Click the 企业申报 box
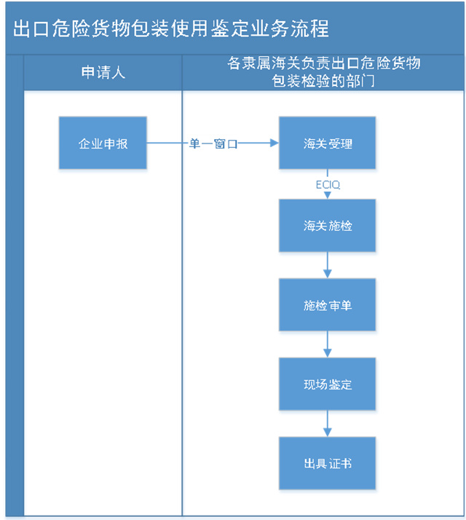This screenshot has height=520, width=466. [103, 143]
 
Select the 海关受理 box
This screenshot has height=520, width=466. [328, 143]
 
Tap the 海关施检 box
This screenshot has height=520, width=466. [328, 225]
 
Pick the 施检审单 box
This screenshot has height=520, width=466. [328, 305]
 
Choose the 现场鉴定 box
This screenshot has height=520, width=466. [328, 384]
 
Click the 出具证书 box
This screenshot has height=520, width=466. [328, 463]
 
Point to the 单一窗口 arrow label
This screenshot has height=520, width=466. [213, 144]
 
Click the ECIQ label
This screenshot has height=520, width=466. [328, 185]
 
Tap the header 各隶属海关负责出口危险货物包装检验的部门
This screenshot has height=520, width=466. [323, 72]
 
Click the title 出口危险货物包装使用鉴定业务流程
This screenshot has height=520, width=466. [171, 28]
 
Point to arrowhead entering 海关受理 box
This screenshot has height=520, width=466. [274, 144]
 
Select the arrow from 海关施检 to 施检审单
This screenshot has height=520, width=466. [328, 264]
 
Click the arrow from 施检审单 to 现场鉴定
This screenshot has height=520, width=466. [328, 344]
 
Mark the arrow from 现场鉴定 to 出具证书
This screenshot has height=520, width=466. [328, 422]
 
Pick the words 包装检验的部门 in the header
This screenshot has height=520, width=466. [323, 80]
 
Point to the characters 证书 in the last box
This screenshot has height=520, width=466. [340, 463]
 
